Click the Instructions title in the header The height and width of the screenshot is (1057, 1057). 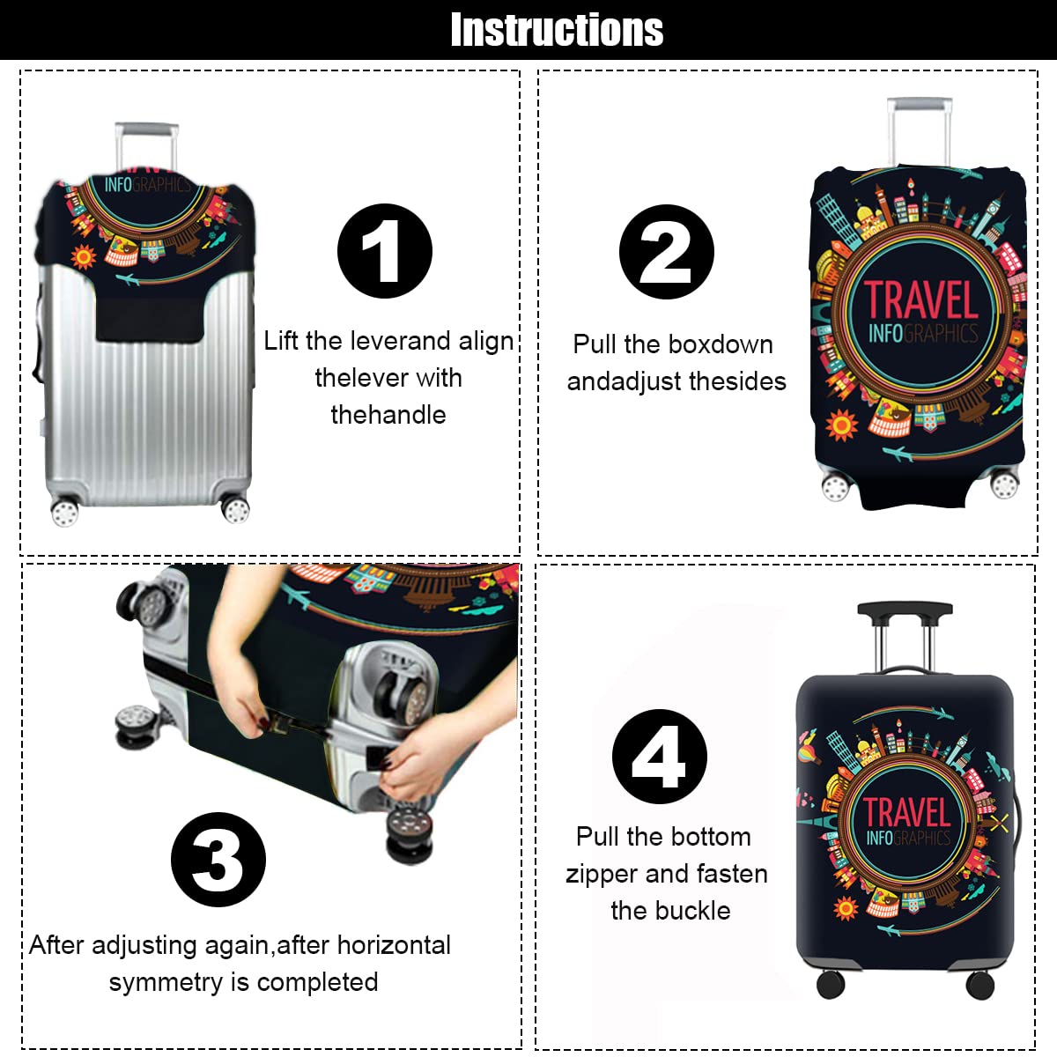556,30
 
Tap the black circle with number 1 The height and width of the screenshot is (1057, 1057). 385,251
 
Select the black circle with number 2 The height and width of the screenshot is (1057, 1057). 667,252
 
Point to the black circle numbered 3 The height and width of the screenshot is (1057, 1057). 218,860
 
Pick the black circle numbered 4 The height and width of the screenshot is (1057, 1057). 660,757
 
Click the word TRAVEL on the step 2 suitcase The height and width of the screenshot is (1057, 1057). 921,299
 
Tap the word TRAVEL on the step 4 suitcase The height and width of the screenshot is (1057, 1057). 906,812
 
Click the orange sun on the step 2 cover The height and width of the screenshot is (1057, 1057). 841,425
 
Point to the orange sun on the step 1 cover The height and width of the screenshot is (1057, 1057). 84,256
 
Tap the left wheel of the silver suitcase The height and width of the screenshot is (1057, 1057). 64,511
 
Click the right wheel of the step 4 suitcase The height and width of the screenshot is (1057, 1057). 979,985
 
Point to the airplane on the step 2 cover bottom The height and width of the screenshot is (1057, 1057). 897,454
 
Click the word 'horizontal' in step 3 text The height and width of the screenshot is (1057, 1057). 393,945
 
